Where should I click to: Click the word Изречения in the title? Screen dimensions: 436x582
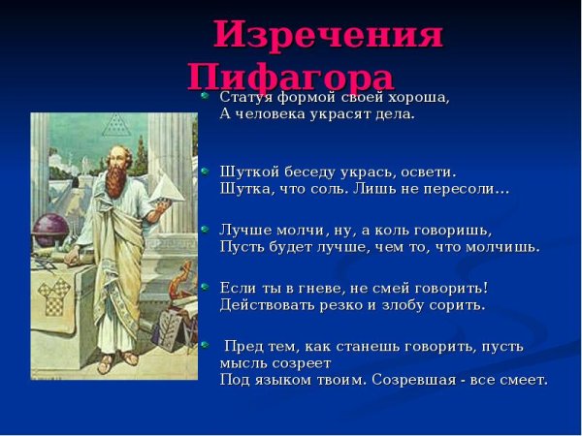click(328, 37)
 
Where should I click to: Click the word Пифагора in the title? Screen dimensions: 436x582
click(291, 76)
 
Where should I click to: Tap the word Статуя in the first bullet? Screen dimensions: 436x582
click(245, 98)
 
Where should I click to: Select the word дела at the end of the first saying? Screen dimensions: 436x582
click(394, 114)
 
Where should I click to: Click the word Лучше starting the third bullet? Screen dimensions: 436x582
click(243, 230)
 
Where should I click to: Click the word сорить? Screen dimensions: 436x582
click(459, 305)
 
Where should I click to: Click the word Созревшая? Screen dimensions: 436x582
click(440, 380)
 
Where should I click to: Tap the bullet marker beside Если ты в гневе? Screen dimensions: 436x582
click(205, 286)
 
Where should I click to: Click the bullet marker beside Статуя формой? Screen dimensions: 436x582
click(205, 96)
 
